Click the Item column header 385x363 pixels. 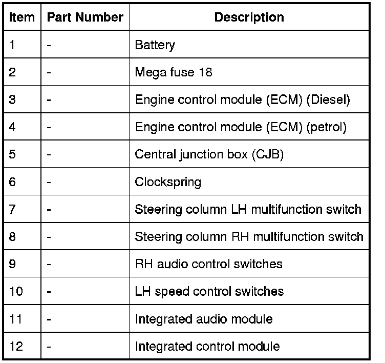(22, 17)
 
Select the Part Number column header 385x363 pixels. (85, 17)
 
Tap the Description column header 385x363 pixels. (249, 17)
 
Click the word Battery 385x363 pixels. (155, 45)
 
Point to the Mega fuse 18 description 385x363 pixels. (173, 72)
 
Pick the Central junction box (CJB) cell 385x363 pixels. (209, 154)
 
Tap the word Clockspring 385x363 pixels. (168, 182)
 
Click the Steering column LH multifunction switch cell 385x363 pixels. (248, 209)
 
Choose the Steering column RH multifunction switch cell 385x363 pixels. (249, 236)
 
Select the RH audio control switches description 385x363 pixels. (208, 264)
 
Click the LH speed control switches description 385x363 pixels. (209, 291)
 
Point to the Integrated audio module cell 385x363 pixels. (203, 319)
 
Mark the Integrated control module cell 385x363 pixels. (207, 346)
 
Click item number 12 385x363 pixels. (16, 346)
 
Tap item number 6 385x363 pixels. (13, 182)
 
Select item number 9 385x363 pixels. (13, 264)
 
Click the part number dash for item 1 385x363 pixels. (49, 45)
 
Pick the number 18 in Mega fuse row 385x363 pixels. (205, 72)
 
